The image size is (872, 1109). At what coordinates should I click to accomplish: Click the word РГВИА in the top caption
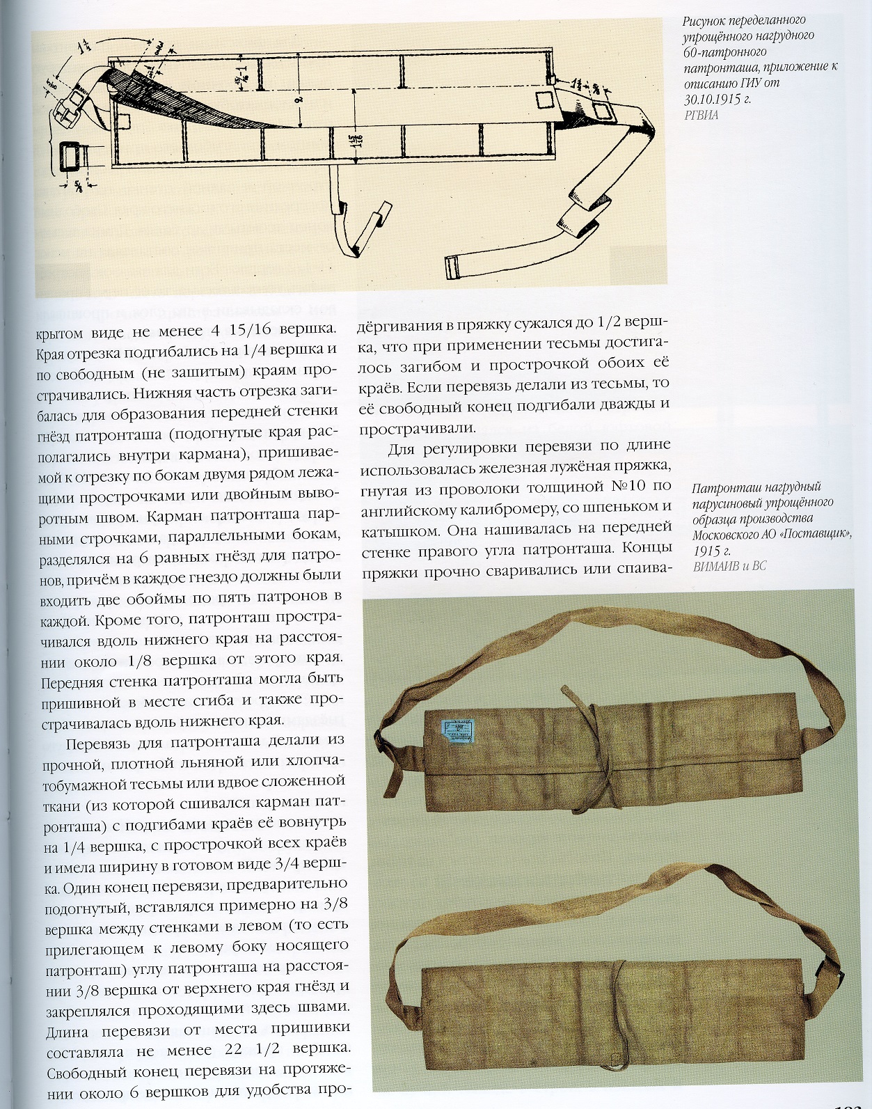click(701, 116)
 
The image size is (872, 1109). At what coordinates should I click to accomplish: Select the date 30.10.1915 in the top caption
click(708, 100)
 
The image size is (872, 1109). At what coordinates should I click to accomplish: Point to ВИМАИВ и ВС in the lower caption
click(729, 567)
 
